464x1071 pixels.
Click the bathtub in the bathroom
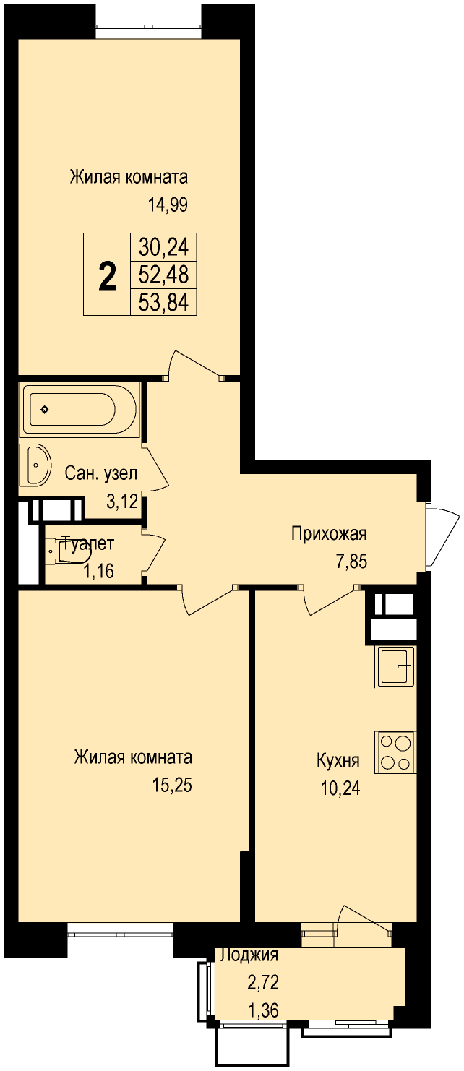80,409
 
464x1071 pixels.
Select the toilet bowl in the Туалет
69,553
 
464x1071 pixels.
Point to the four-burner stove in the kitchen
396,752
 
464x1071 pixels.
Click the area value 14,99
168,205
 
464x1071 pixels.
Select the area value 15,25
172,785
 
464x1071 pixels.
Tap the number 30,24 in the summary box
163,248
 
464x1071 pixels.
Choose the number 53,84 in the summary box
163,302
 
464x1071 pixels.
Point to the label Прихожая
329,533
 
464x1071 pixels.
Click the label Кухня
338,760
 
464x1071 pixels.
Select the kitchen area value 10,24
340,788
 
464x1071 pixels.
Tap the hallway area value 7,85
351,562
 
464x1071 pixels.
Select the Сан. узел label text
101,473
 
